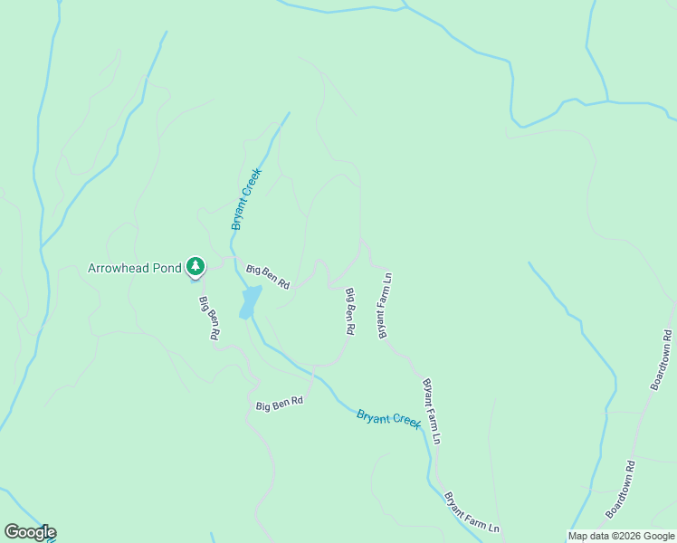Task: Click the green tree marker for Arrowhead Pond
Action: (x=195, y=266)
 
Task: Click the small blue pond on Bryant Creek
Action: (x=251, y=301)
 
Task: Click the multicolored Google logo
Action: (x=29, y=532)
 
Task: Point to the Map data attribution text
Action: (x=620, y=536)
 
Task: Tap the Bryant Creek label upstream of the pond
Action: (x=246, y=198)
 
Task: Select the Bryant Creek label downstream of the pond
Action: (x=389, y=419)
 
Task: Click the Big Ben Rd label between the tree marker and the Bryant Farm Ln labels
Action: (x=267, y=276)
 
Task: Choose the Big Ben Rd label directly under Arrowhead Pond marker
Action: (x=209, y=318)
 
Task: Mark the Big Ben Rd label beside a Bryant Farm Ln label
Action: (x=348, y=312)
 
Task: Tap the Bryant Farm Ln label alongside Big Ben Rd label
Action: (x=384, y=305)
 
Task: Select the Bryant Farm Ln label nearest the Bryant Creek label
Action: (x=432, y=411)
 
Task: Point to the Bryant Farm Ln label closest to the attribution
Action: (x=472, y=512)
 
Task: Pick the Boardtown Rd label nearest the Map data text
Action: (x=622, y=489)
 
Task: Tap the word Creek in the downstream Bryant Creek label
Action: (x=405, y=422)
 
